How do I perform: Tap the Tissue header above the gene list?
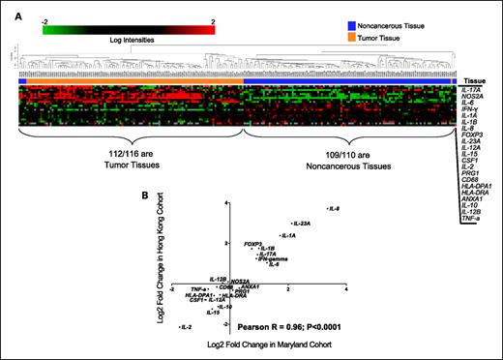[476, 80]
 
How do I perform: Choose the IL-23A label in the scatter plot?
[301, 224]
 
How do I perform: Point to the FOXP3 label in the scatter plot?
[253, 244]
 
